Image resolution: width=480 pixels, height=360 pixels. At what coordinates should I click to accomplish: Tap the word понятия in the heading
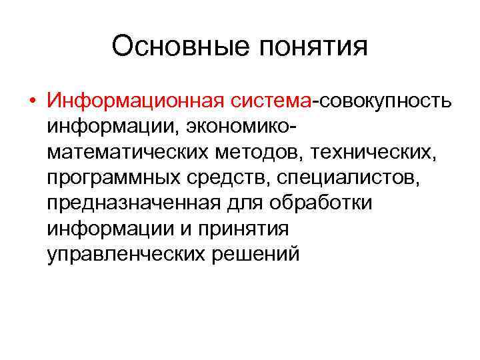pyautogui.click(x=309, y=47)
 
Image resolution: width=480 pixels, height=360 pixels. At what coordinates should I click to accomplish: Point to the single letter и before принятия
pyautogui.click(x=191, y=229)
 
